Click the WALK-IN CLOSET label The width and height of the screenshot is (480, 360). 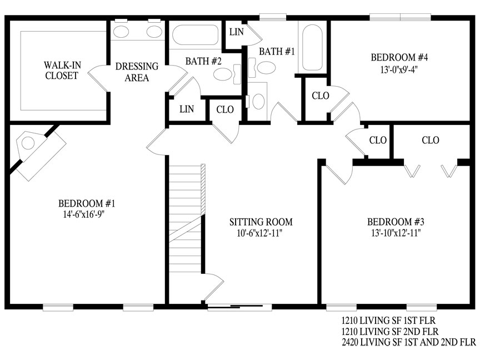coord(62,70)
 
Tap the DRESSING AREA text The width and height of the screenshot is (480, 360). coord(137,72)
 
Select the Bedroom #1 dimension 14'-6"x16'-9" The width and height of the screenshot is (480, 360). coord(84,214)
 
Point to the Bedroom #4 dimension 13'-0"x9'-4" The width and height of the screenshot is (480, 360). coord(399,70)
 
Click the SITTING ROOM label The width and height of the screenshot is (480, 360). coord(261,222)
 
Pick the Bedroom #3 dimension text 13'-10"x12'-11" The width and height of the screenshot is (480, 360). coord(396,233)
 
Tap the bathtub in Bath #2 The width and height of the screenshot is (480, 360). coord(196,35)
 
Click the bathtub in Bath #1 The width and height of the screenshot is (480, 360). coord(312,48)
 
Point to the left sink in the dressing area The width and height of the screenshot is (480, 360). coord(121,32)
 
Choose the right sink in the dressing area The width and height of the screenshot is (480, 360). coord(154,32)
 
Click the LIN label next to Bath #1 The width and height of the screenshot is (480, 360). coord(237,32)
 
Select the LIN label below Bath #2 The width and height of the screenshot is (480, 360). coord(187,109)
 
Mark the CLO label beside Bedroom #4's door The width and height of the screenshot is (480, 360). coord(321,96)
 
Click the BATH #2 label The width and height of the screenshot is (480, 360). coord(203,61)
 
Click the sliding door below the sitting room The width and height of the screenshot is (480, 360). coord(239,307)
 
